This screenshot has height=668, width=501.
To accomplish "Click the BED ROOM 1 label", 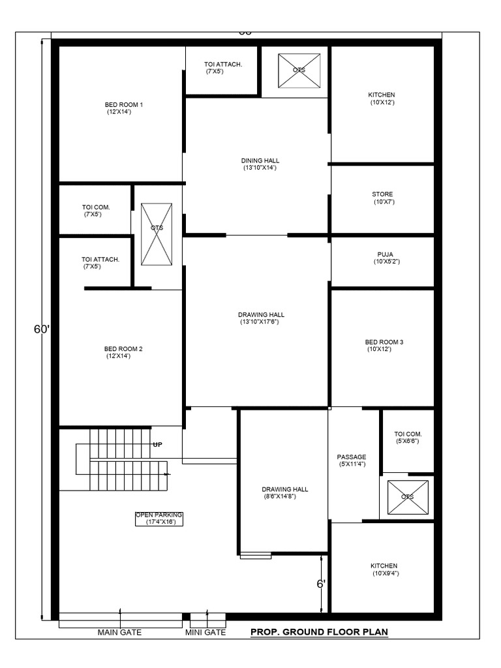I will pos(124,104).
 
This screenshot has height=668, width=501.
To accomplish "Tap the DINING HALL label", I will pos(260,160).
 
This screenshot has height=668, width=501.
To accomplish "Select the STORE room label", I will pos(382,194).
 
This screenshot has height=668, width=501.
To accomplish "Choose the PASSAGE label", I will pos(352,457).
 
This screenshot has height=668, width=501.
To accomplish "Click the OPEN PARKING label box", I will pos(159,519).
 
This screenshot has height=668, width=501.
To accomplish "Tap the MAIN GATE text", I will pos(119,632).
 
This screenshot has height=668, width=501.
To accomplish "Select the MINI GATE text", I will pos(205,632).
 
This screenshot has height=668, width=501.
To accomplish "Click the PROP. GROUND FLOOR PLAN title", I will pos(319,632).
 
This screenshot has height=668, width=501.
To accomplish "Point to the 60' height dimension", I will pos(42,329).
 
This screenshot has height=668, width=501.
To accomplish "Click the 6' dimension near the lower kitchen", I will pos(321,584).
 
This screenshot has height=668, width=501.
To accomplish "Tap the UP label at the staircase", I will pos(157,444).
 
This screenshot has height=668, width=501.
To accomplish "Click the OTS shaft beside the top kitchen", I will pos(299,70).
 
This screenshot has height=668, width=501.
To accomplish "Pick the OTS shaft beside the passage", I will pos(408,496).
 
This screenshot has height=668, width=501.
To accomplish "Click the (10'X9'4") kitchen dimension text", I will pos(385,573).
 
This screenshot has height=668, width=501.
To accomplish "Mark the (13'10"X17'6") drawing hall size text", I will pos(262,322).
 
